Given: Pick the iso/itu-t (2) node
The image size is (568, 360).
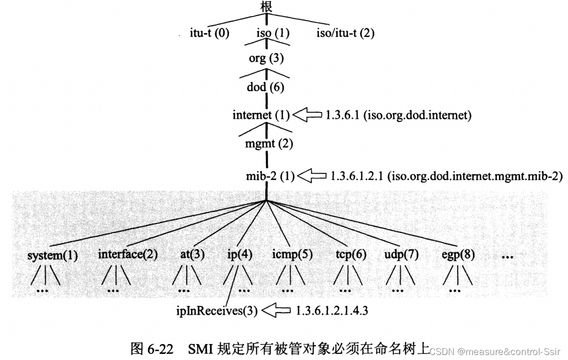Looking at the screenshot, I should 346,34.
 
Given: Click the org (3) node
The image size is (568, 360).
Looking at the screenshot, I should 266,58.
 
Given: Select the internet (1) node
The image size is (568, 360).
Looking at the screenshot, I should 261,115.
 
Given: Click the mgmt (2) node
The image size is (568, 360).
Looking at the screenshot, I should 266,144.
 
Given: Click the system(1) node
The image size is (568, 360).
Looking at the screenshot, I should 53,255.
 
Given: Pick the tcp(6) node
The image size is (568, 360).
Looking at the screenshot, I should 351,254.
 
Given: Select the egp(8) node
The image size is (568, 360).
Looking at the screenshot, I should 458,254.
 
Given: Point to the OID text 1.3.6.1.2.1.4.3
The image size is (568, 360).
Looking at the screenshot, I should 332,310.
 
